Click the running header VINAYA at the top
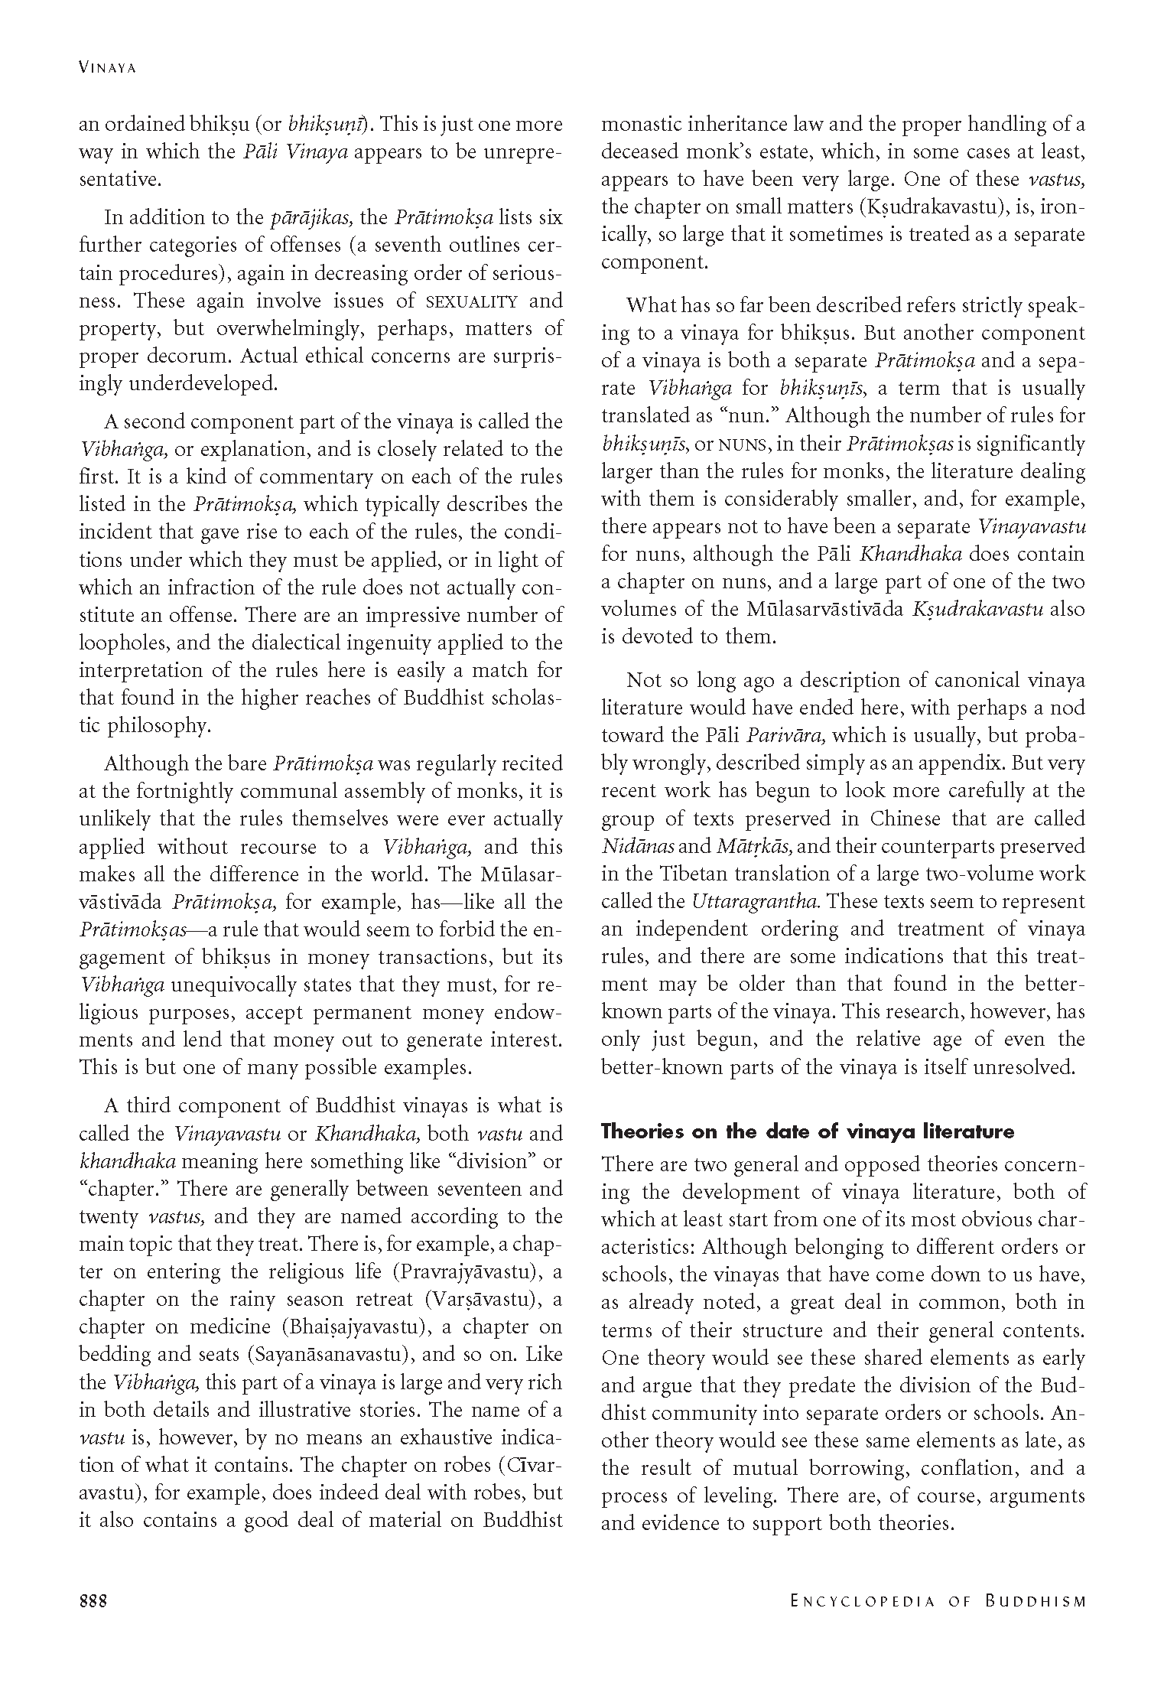pyautogui.click(x=107, y=68)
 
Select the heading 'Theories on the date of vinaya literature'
pyautogui.click(x=807, y=1131)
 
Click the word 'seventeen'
pyautogui.click(x=491, y=1189)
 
